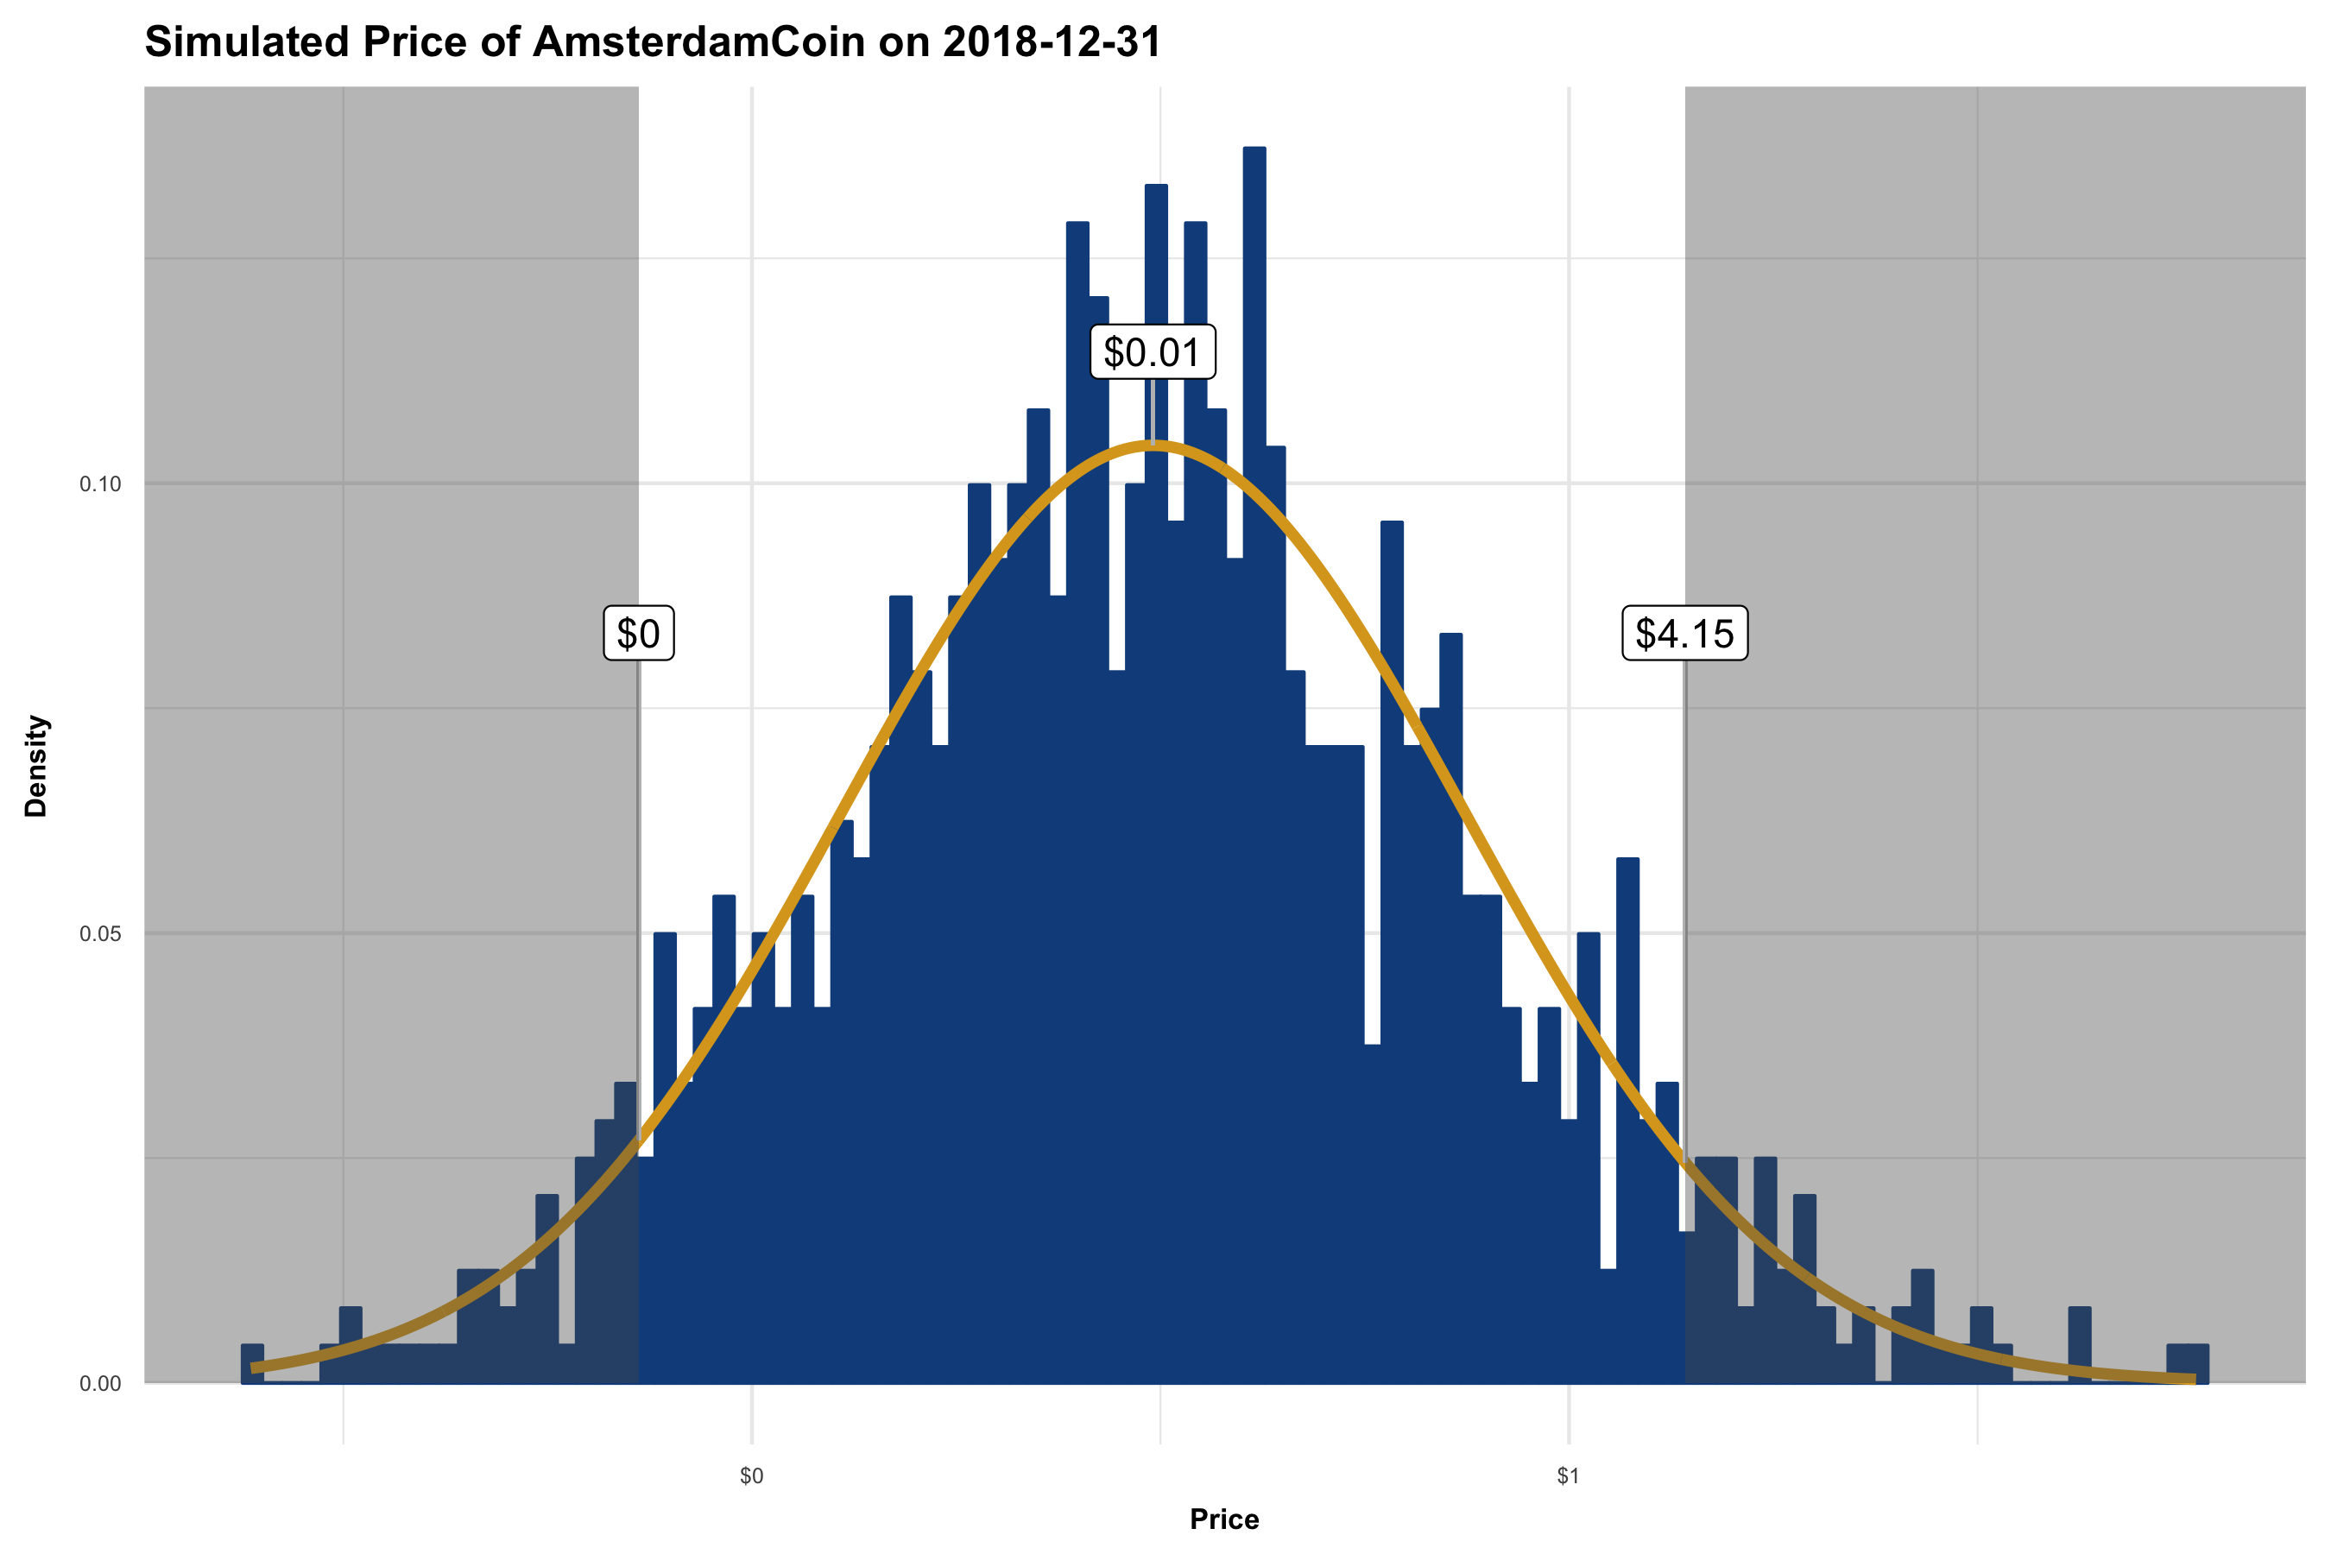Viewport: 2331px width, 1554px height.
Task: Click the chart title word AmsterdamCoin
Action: pos(698,42)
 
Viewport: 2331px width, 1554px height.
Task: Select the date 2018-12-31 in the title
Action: pos(1052,42)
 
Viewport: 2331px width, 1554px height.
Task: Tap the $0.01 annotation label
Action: pos(1152,352)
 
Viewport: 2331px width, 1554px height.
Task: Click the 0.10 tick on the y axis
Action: pos(100,484)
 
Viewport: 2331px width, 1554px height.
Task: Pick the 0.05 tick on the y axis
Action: pos(100,933)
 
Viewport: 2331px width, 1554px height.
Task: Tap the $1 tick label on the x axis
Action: pos(1568,1476)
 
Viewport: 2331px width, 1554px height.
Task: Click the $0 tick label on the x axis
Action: pos(751,1476)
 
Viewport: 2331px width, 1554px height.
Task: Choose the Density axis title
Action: pos(36,765)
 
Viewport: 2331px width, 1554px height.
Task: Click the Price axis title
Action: pos(1224,1519)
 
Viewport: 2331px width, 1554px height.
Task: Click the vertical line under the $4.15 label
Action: pos(1685,892)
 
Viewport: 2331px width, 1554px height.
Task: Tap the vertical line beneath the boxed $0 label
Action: pos(638,892)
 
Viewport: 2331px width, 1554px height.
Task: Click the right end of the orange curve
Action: pos(2192,1379)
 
